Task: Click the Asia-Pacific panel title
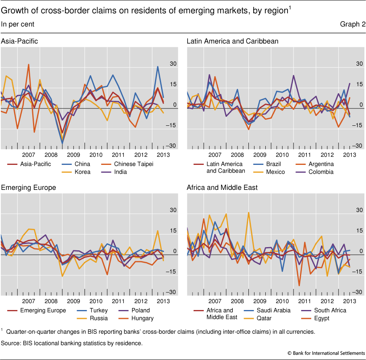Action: [x=20, y=41]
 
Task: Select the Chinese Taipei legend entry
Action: [x=133, y=164]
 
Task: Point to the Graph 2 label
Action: [x=353, y=25]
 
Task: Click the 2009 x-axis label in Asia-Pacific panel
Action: [x=73, y=155]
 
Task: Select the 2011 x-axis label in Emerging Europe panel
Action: [x=118, y=301]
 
